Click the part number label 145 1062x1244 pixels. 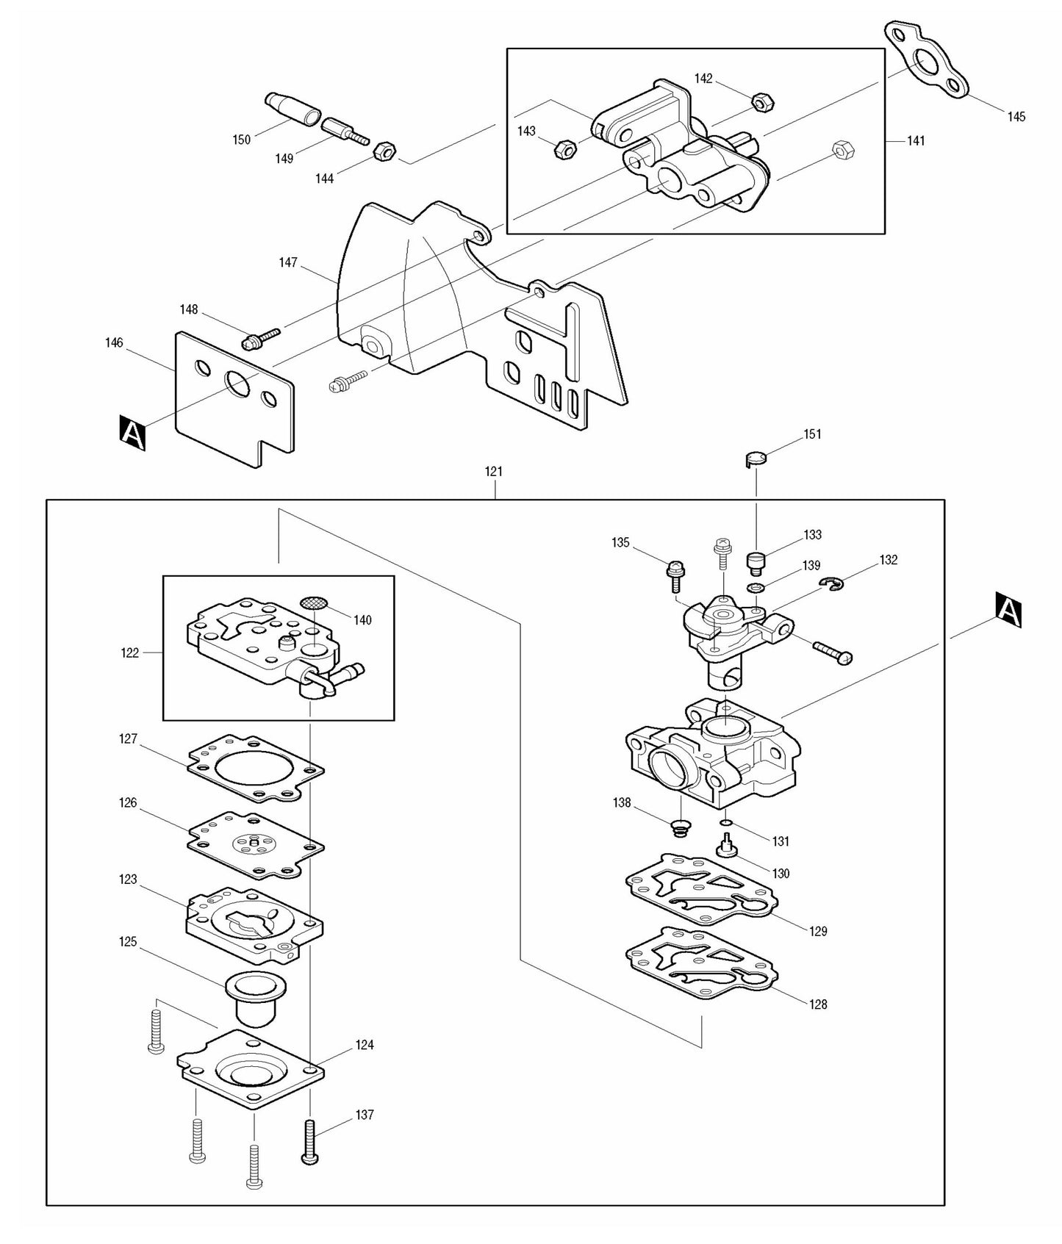[x=1016, y=117]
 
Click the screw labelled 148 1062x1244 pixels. [x=259, y=338]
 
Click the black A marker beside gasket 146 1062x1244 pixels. [x=132, y=433]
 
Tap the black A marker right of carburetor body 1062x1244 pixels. [x=1008, y=610]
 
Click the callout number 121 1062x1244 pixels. [x=494, y=472]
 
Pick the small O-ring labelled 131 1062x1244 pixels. [x=726, y=822]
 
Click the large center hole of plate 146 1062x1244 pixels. [x=238, y=383]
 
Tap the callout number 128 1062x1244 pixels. [x=818, y=1004]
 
